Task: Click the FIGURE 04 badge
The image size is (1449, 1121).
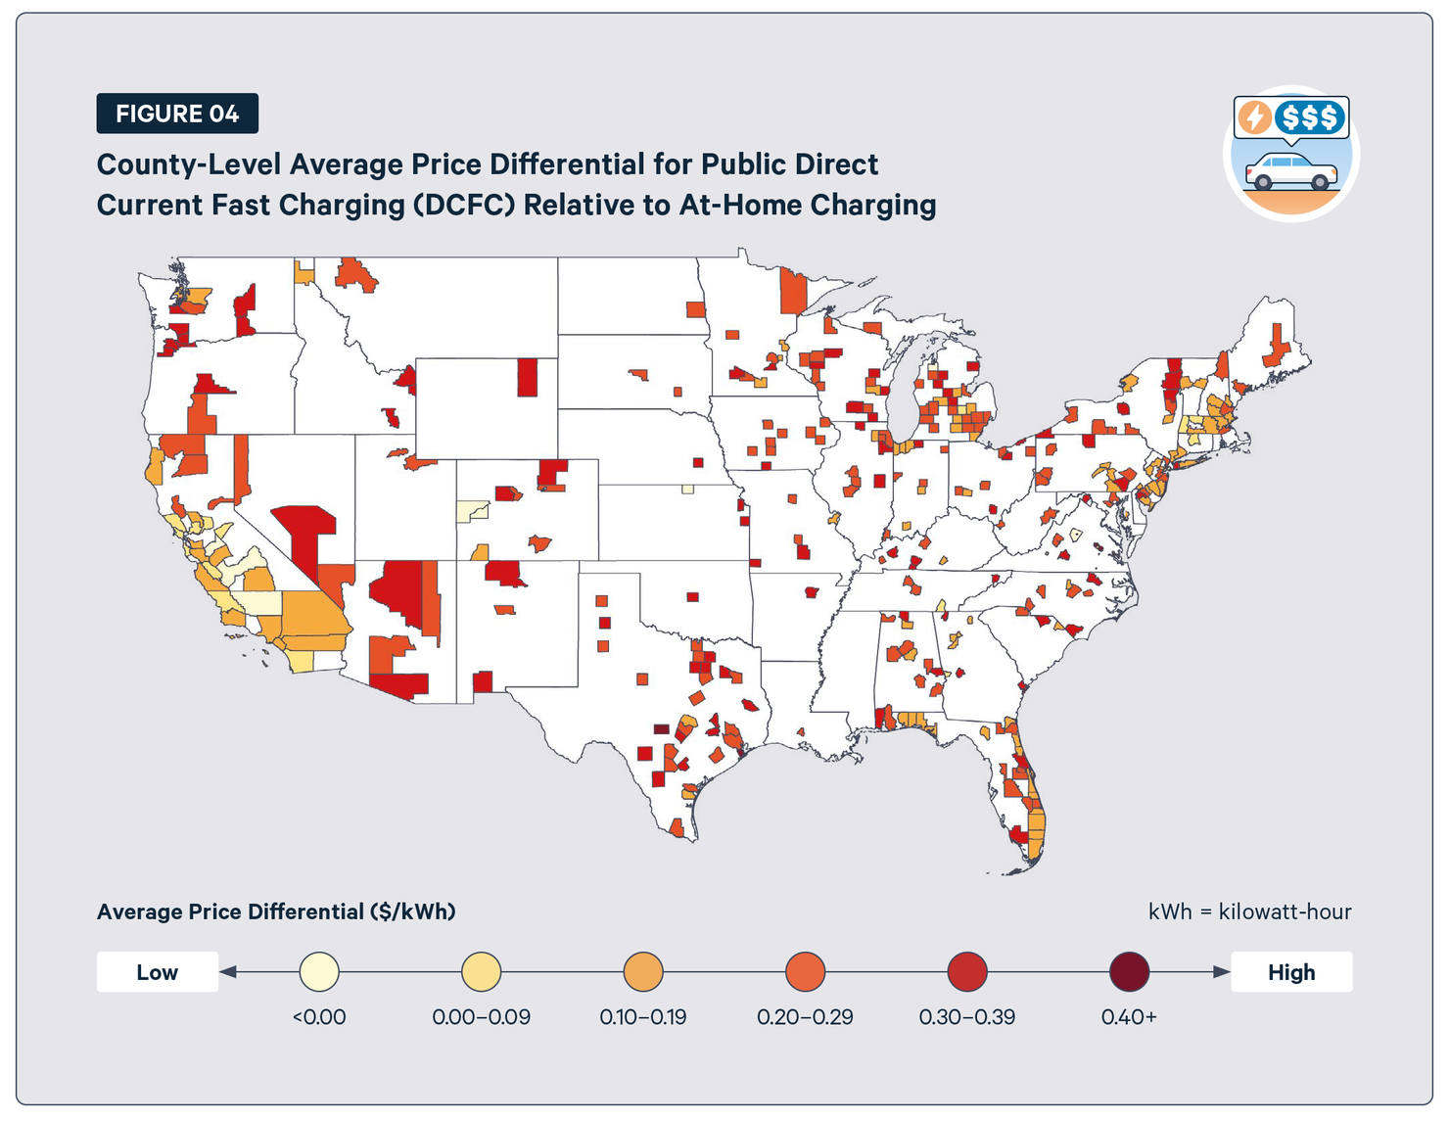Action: point(177,114)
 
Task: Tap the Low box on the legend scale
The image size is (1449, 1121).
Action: point(157,972)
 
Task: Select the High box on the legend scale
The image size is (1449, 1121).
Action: point(1290,972)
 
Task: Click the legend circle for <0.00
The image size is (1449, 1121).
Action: point(319,973)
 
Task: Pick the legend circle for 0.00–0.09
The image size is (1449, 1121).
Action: point(481,973)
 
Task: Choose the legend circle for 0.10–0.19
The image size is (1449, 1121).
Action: point(643,973)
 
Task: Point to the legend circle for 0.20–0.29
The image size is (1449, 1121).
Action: point(805,973)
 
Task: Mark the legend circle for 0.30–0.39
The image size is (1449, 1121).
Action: point(967,973)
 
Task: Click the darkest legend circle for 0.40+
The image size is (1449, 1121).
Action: point(1129,973)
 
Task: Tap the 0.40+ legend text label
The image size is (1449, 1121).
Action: point(1129,1017)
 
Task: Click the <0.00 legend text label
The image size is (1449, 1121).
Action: point(319,1017)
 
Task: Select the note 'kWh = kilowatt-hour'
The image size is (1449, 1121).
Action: point(1249,911)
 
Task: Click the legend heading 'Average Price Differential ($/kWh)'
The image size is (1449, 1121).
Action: point(276,911)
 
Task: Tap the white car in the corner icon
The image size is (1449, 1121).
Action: point(1291,172)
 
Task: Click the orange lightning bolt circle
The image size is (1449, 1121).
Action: point(1255,117)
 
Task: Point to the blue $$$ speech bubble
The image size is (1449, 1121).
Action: point(1310,117)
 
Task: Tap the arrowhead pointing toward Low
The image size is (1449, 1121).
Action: point(228,972)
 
